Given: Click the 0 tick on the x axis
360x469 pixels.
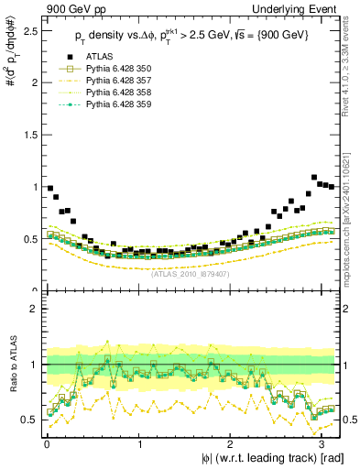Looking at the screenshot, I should [46, 442].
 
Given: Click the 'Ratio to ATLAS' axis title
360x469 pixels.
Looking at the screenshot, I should [10, 365].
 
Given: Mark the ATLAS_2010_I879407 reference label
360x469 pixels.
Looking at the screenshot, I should [191, 273].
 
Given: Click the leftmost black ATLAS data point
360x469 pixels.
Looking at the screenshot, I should [50, 188].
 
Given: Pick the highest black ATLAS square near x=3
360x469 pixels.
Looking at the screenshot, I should [314, 178].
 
